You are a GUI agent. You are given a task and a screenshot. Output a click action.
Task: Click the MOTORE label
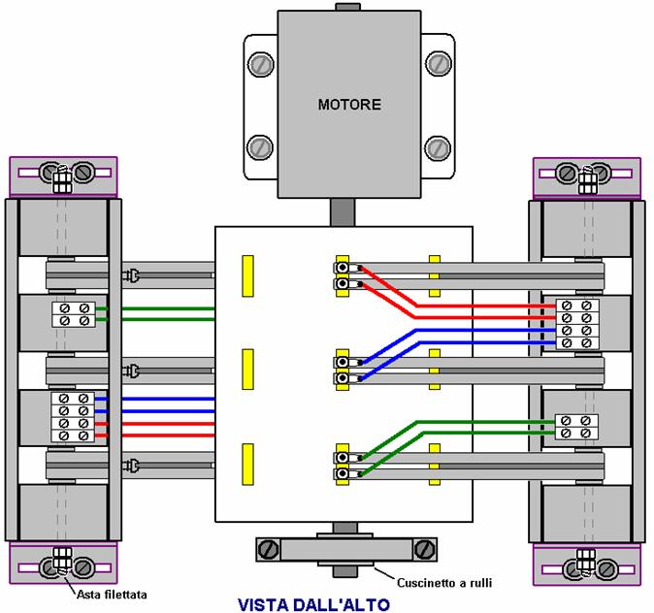tap(349, 104)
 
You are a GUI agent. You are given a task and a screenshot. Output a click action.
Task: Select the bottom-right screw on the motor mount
tap(439, 148)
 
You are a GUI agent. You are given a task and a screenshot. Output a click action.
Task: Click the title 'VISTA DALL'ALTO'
tap(312, 603)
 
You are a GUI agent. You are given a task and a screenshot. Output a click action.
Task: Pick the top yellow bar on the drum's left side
tap(247, 276)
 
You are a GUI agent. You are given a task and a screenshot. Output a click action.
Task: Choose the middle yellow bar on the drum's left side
tap(247, 370)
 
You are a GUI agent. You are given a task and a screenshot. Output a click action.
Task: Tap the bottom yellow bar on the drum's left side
tap(247, 463)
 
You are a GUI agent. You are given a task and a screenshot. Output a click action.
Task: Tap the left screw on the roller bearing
tap(268, 550)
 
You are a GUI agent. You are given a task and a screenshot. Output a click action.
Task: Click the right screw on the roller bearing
tap(423, 550)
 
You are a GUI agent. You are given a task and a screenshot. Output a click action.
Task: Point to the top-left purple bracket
tap(63, 177)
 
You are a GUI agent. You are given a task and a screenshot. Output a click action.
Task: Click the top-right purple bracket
tap(586, 177)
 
